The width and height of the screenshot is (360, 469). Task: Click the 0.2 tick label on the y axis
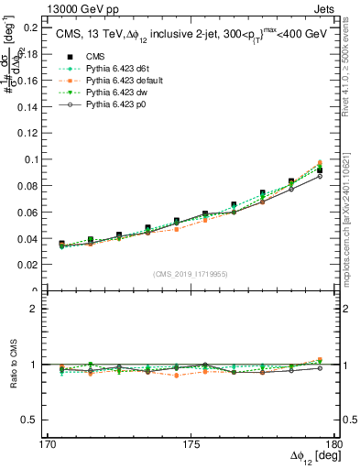coord(29,27)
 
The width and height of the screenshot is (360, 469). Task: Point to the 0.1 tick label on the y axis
coord(29,159)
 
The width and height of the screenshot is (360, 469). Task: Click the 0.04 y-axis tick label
coord(27,239)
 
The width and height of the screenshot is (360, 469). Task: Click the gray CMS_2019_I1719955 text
coord(191,273)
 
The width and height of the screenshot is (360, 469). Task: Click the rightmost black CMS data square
coord(319,170)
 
